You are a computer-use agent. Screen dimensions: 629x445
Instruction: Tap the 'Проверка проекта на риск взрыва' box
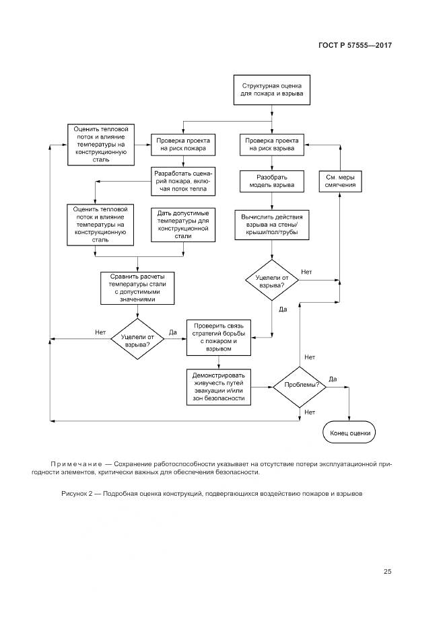[x=271, y=145]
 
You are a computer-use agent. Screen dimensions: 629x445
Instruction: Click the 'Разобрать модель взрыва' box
[x=271, y=182]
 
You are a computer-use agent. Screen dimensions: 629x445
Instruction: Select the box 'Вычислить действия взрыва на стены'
[x=271, y=225]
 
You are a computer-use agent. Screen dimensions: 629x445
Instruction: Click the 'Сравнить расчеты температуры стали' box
[x=137, y=287]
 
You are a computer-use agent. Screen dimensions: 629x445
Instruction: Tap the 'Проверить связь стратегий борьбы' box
[x=219, y=337]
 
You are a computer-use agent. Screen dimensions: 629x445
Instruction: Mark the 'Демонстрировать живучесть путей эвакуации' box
[x=219, y=387]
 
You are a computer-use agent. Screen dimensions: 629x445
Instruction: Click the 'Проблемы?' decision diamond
[x=300, y=386]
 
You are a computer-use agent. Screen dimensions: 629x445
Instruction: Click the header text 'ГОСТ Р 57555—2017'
[x=355, y=46]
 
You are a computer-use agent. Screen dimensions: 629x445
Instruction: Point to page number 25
[x=387, y=572]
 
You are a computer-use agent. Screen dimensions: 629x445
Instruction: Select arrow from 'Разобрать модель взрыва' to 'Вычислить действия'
[x=271, y=202]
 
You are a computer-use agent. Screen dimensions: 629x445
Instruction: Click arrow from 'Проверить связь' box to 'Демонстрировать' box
[x=219, y=361]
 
